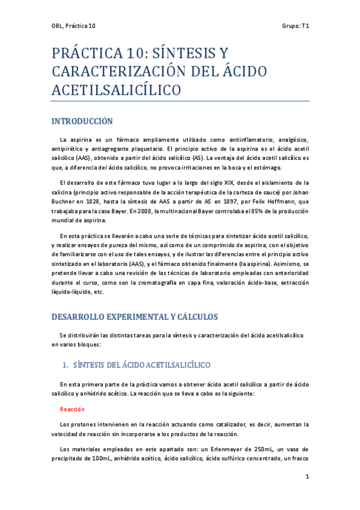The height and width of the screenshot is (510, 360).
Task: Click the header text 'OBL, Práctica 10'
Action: tap(74, 26)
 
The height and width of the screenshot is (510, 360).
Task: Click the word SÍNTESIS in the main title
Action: tap(184, 54)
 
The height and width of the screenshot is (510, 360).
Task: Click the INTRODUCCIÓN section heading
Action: tap(82, 121)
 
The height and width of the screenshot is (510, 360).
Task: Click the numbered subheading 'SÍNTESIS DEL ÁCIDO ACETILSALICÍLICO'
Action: tap(141, 365)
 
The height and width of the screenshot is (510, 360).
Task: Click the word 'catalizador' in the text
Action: tap(226, 423)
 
